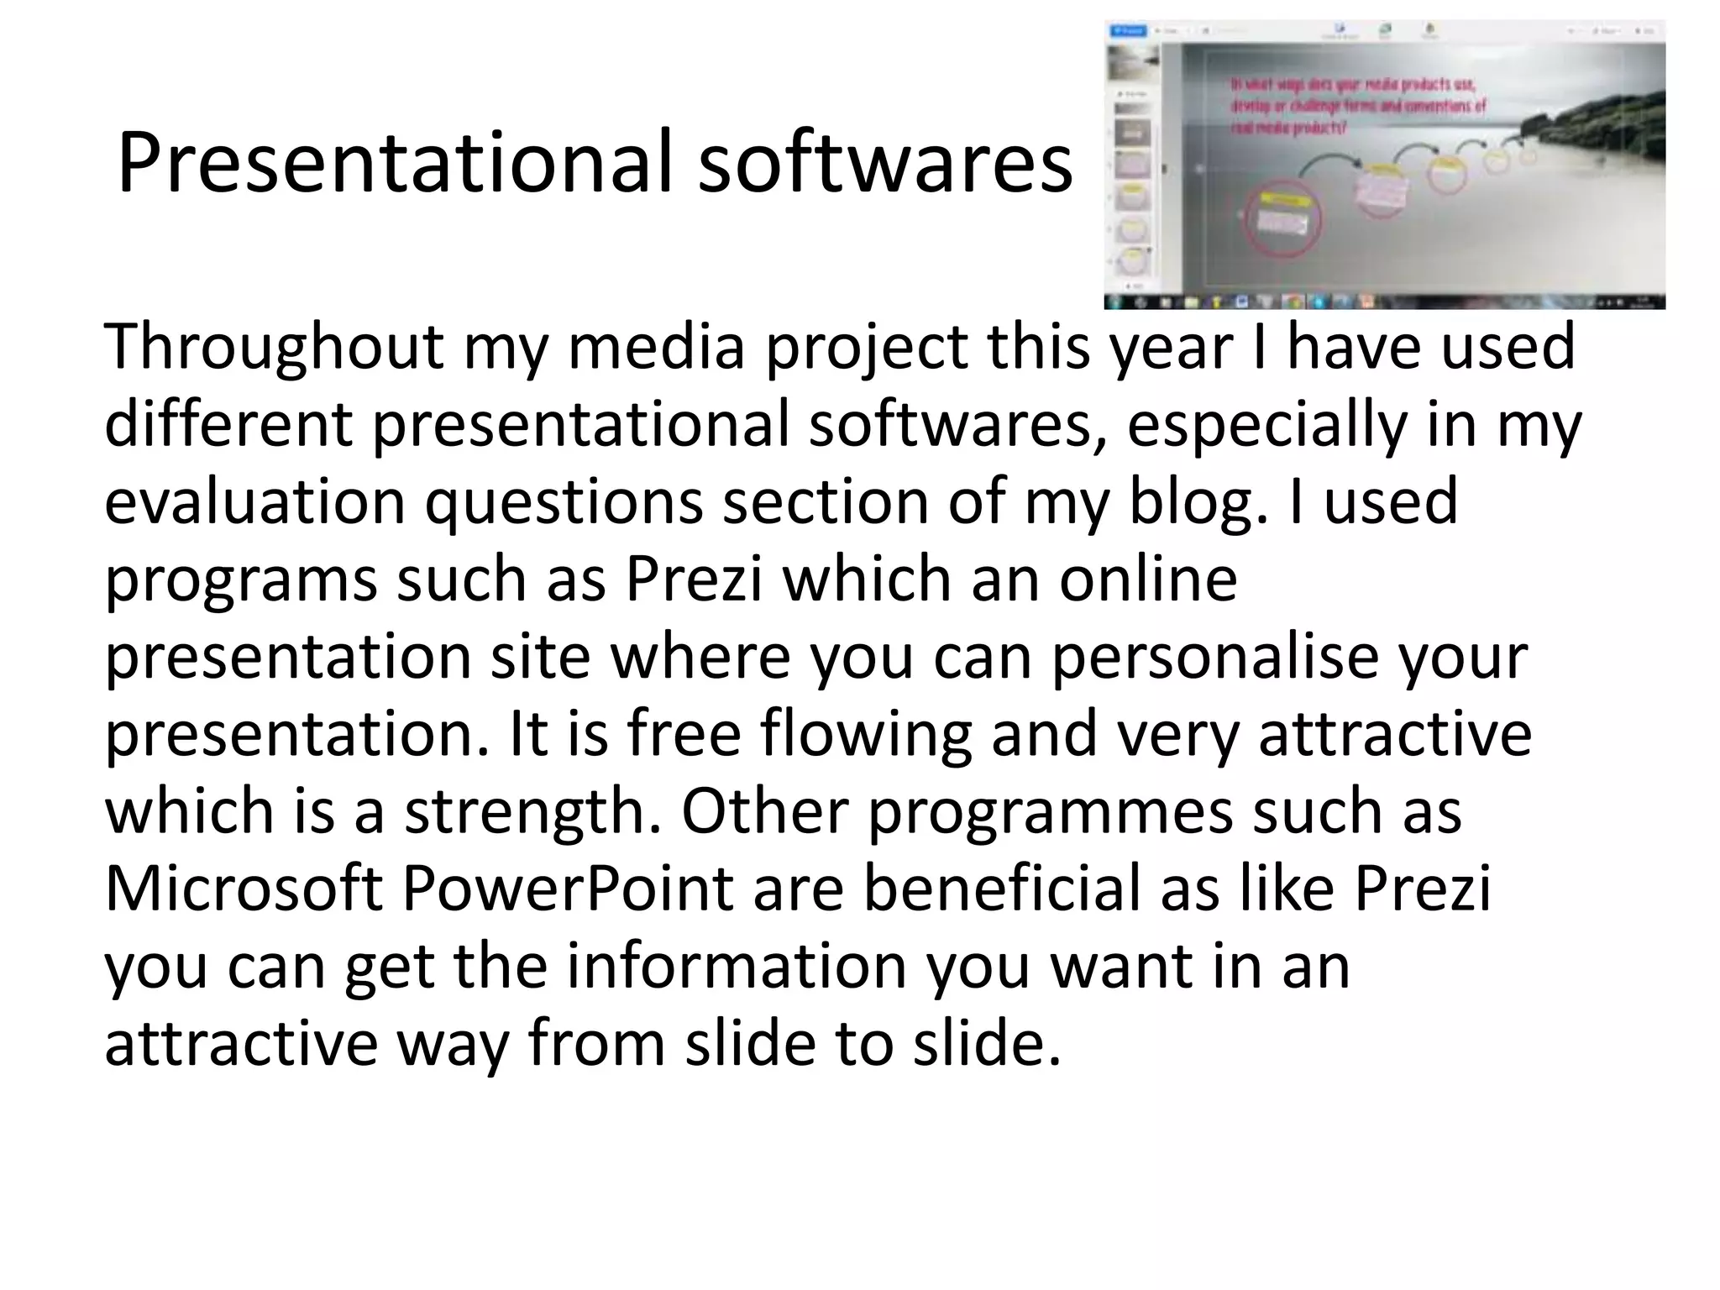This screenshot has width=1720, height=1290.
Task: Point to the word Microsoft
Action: [x=244, y=888]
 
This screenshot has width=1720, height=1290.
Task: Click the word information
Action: [x=737, y=966]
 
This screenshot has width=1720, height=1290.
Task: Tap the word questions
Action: [x=564, y=501]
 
